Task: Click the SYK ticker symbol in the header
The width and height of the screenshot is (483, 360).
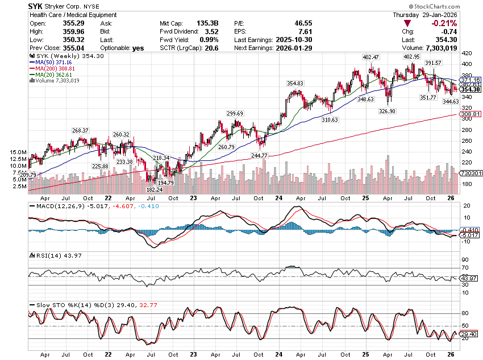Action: tap(37, 6)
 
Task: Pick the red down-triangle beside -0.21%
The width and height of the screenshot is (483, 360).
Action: tap(407, 23)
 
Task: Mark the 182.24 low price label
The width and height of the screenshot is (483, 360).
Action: tap(154, 189)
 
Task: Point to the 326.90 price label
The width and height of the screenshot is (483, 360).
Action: tap(388, 111)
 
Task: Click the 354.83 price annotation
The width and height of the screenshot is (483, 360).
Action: tap(295, 83)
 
